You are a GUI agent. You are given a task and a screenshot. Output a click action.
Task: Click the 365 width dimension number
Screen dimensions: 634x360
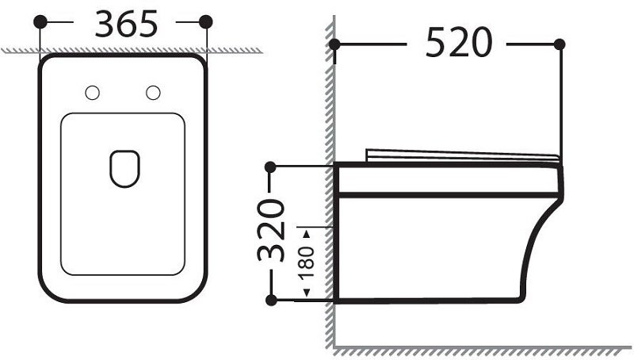coord(126,25)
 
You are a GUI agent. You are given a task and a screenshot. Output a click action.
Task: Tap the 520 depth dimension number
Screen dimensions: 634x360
coord(459,43)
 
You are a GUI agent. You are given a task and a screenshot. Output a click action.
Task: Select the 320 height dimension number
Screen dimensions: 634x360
coord(271,230)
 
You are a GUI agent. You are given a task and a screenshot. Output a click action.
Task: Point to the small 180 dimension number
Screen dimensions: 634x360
coord(306,262)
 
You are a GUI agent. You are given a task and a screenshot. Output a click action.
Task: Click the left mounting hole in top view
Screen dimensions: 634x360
coord(92,93)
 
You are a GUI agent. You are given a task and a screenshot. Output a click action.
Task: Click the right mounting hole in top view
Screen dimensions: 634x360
coord(153,93)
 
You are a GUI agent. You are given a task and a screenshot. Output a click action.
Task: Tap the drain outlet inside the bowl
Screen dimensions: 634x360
coord(124,169)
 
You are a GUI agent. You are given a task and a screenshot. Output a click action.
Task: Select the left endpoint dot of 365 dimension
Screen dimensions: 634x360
coord(40,21)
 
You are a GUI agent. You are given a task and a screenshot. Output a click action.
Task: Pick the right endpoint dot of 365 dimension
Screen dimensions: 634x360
coord(206,21)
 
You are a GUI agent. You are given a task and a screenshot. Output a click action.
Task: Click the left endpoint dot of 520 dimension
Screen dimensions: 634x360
coord(334,44)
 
